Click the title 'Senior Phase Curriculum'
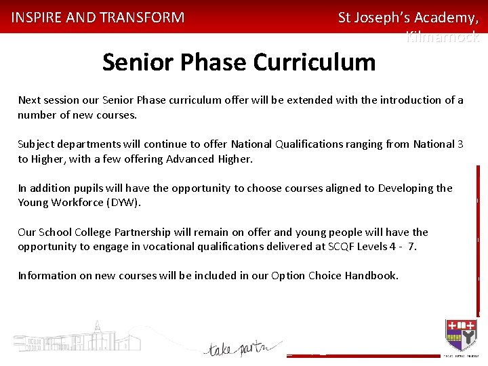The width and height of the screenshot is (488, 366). click(239, 62)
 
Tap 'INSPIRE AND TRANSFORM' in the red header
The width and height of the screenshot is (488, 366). click(98, 18)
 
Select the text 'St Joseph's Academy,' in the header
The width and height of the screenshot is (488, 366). click(408, 18)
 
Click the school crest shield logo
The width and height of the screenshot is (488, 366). click(461, 334)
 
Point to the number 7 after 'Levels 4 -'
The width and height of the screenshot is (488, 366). click(412, 246)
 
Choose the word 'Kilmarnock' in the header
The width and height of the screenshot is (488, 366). click(442, 38)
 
